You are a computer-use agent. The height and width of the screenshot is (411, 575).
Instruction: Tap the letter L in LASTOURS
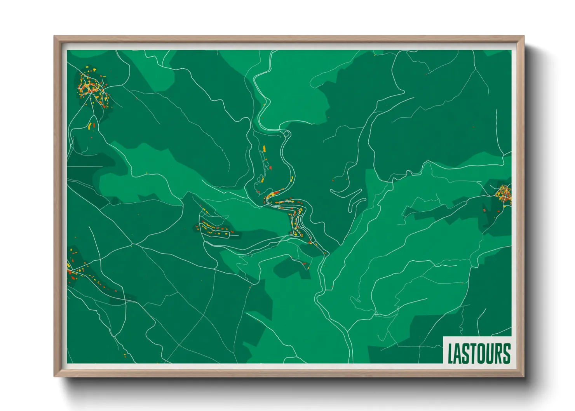click(x=451, y=353)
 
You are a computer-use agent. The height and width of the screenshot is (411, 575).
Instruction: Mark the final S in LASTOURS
click(x=506, y=353)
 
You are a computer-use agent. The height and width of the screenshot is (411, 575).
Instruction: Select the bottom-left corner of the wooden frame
click(x=55, y=376)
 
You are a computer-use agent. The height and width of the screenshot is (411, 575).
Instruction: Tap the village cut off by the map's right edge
click(x=505, y=194)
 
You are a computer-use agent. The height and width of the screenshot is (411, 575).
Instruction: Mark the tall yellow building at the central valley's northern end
click(x=264, y=148)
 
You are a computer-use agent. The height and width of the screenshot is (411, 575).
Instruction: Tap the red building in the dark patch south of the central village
click(x=305, y=264)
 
